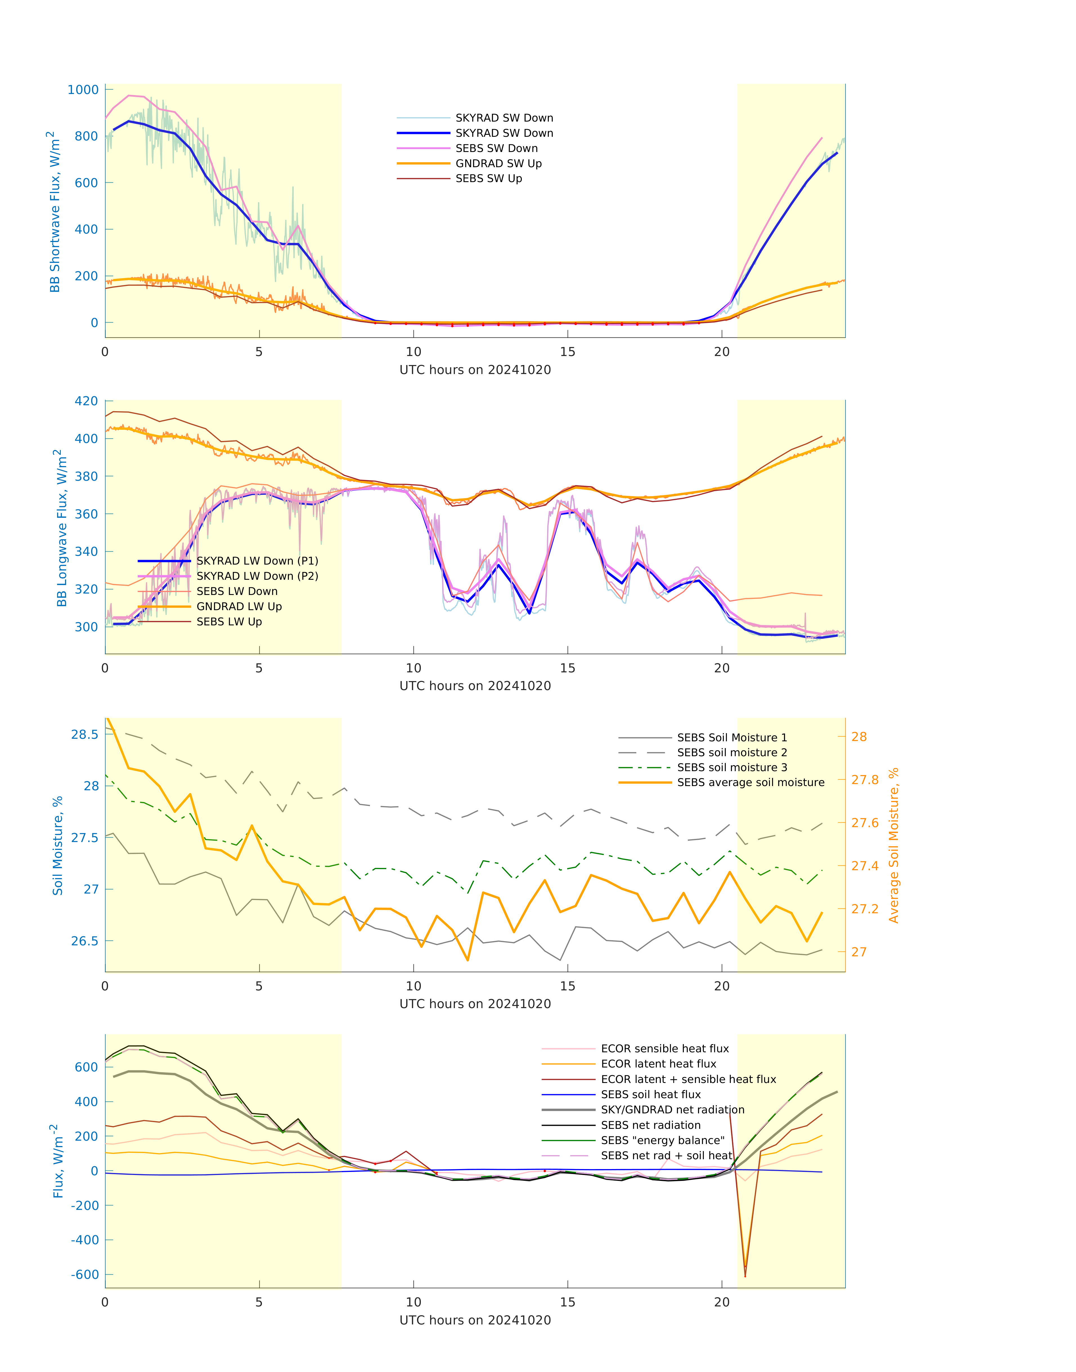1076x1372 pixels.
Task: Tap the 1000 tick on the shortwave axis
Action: [83, 89]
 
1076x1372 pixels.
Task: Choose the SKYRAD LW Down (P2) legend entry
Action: [257, 576]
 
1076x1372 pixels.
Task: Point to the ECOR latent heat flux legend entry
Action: [658, 1064]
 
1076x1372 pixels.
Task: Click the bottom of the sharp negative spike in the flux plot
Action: [745, 1276]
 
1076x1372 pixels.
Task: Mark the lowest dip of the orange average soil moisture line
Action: [468, 961]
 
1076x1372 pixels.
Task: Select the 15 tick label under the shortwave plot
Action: [568, 352]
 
